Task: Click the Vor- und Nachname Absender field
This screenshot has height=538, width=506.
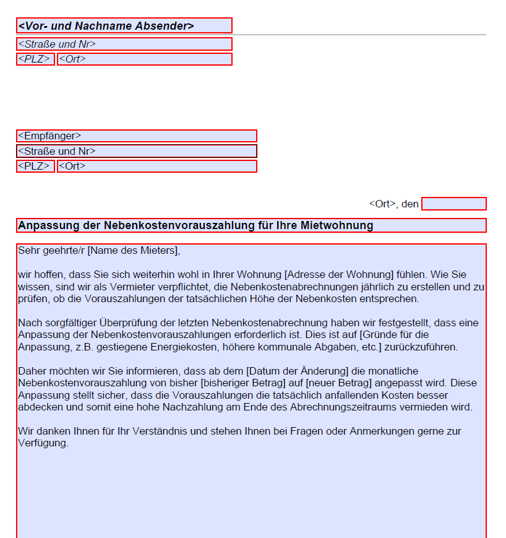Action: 124,25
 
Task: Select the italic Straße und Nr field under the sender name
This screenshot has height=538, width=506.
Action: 124,44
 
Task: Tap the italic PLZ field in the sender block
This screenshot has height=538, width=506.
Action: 35,59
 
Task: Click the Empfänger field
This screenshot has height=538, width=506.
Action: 136,136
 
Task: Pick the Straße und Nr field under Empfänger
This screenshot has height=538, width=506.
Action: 136,151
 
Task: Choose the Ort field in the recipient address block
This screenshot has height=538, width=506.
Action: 157,167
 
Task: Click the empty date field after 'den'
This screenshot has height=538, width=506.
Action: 453,204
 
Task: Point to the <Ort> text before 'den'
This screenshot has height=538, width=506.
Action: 382,204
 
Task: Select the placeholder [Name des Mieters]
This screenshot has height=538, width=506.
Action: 133,251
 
